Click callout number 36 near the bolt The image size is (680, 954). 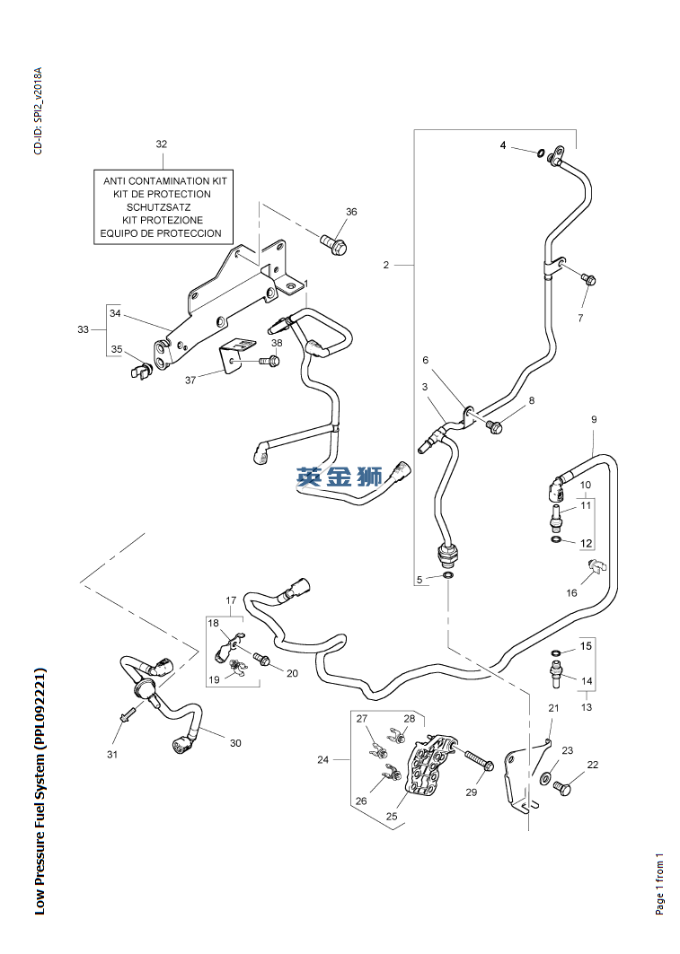(x=351, y=212)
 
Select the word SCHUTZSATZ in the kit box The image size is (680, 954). (x=159, y=206)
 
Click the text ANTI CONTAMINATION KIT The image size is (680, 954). (x=165, y=180)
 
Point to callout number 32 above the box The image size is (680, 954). (x=162, y=144)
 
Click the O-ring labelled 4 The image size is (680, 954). (x=541, y=152)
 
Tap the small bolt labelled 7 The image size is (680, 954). (x=588, y=279)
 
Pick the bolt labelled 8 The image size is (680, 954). (x=495, y=427)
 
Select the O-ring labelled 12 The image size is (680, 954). (x=556, y=539)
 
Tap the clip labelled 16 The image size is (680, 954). (x=597, y=565)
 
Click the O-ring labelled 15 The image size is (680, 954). (x=556, y=652)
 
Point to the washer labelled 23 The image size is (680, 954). (x=544, y=777)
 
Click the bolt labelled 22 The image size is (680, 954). (x=562, y=789)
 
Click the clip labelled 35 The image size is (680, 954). (x=140, y=370)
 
